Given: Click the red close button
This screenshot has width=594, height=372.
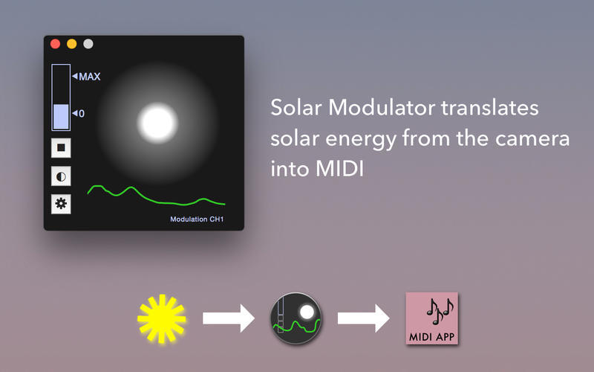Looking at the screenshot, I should click(55, 44).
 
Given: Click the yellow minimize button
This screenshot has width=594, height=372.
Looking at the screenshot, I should click(71, 44).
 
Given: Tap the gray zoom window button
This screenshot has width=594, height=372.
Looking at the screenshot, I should click(88, 44).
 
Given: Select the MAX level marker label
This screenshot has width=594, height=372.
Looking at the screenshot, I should click(89, 76).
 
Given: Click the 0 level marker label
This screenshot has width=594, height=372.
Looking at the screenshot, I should click(81, 113).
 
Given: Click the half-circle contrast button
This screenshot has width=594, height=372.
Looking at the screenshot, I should click(61, 176).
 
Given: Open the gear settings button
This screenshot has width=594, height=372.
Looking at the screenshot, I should click(61, 204).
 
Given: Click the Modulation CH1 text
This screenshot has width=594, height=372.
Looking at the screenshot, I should click(197, 219).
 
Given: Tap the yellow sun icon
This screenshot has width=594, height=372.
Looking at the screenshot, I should click(161, 318).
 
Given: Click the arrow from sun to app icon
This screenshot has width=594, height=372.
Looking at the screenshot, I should click(228, 318).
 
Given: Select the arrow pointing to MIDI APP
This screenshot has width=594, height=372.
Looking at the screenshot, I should click(363, 318).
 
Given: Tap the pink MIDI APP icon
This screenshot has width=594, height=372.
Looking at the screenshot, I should click(433, 318).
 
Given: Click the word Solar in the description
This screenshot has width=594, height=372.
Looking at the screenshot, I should click(296, 108).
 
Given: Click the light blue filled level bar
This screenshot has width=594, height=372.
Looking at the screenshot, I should click(61, 118).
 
